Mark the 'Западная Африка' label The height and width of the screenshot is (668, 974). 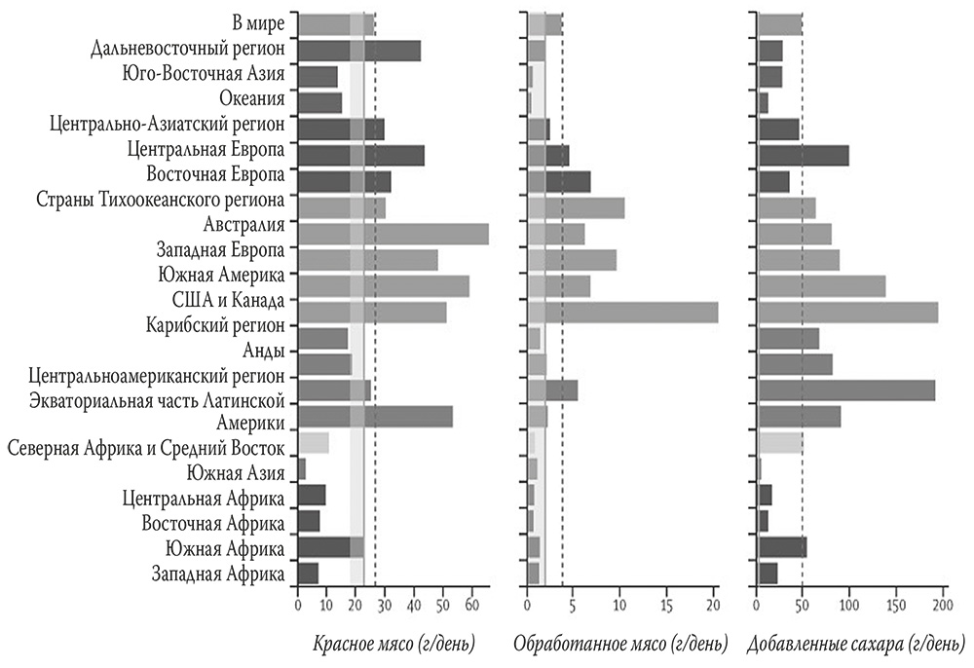coord(218,575)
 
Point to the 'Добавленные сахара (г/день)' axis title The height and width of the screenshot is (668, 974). coord(852,644)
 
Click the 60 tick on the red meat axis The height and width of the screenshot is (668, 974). coord(471,606)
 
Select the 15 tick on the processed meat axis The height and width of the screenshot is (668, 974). coord(667,606)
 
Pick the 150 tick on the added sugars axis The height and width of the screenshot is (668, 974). coord(895,606)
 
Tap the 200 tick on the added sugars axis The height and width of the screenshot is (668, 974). coord(941,606)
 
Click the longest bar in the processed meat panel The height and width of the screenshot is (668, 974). coord(622,312)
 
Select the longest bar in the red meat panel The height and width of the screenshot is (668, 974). coord(393,234)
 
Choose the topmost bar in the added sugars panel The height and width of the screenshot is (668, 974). coord(779,23)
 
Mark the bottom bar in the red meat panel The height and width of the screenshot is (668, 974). coord(308,574)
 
